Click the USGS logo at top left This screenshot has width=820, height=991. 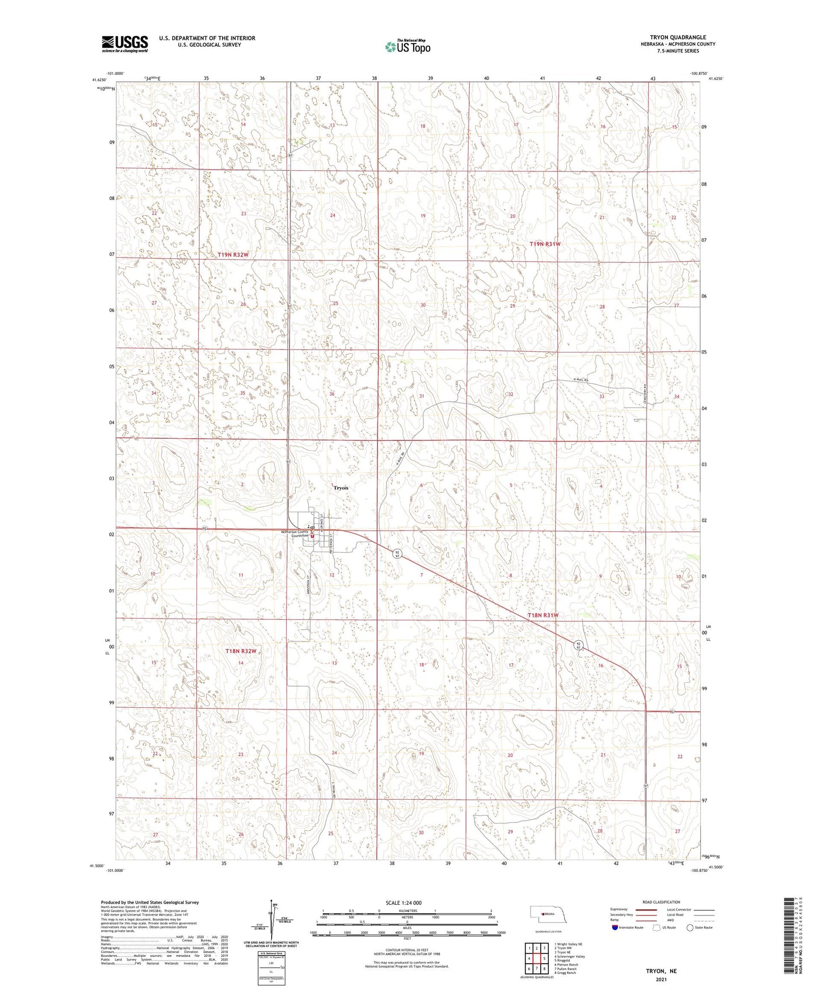pos(125,44)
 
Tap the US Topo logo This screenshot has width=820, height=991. pos(407,47)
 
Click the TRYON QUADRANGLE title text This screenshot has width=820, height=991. pos(678,37)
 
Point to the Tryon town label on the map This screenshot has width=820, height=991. pos(341,488)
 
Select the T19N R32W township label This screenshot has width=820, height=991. pos(233,255)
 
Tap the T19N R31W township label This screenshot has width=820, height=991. pos(545,243)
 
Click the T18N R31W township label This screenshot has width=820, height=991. pos(543,615)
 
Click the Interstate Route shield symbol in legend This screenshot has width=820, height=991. pos(615,927)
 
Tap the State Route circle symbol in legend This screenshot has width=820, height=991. pos(690,927)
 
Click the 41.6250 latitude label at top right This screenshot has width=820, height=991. pos(716,79)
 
